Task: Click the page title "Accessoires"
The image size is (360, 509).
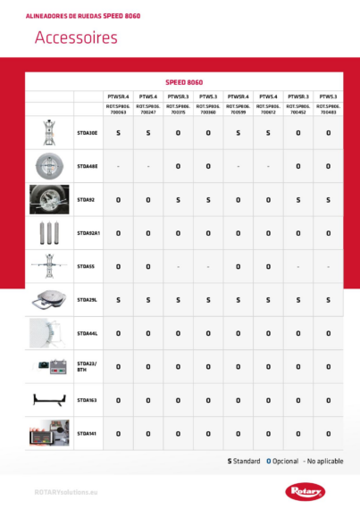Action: click(75, 38)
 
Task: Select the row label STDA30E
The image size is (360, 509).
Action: click(88, 132)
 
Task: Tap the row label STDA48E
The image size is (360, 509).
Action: click(88, 166)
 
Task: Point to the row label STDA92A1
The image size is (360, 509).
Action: click(88, 233)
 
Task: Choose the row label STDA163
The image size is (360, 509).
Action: click(88, 399)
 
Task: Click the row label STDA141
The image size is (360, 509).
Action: click(87, 433)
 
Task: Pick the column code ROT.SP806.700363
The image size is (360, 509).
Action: click(118, 110)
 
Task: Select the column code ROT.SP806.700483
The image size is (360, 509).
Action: click(328, 110)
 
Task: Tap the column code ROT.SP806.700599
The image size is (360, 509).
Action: click(238, 110)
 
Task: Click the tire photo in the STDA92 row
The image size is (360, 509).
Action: click(48, 200)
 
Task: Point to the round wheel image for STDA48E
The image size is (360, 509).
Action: click(48, 166)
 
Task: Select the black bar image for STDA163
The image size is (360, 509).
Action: click(48, 400)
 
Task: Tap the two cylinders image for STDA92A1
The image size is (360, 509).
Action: click(48, 233)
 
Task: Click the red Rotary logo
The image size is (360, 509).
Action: click(306, 490)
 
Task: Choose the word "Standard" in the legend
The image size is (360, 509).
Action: click(247, 461)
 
